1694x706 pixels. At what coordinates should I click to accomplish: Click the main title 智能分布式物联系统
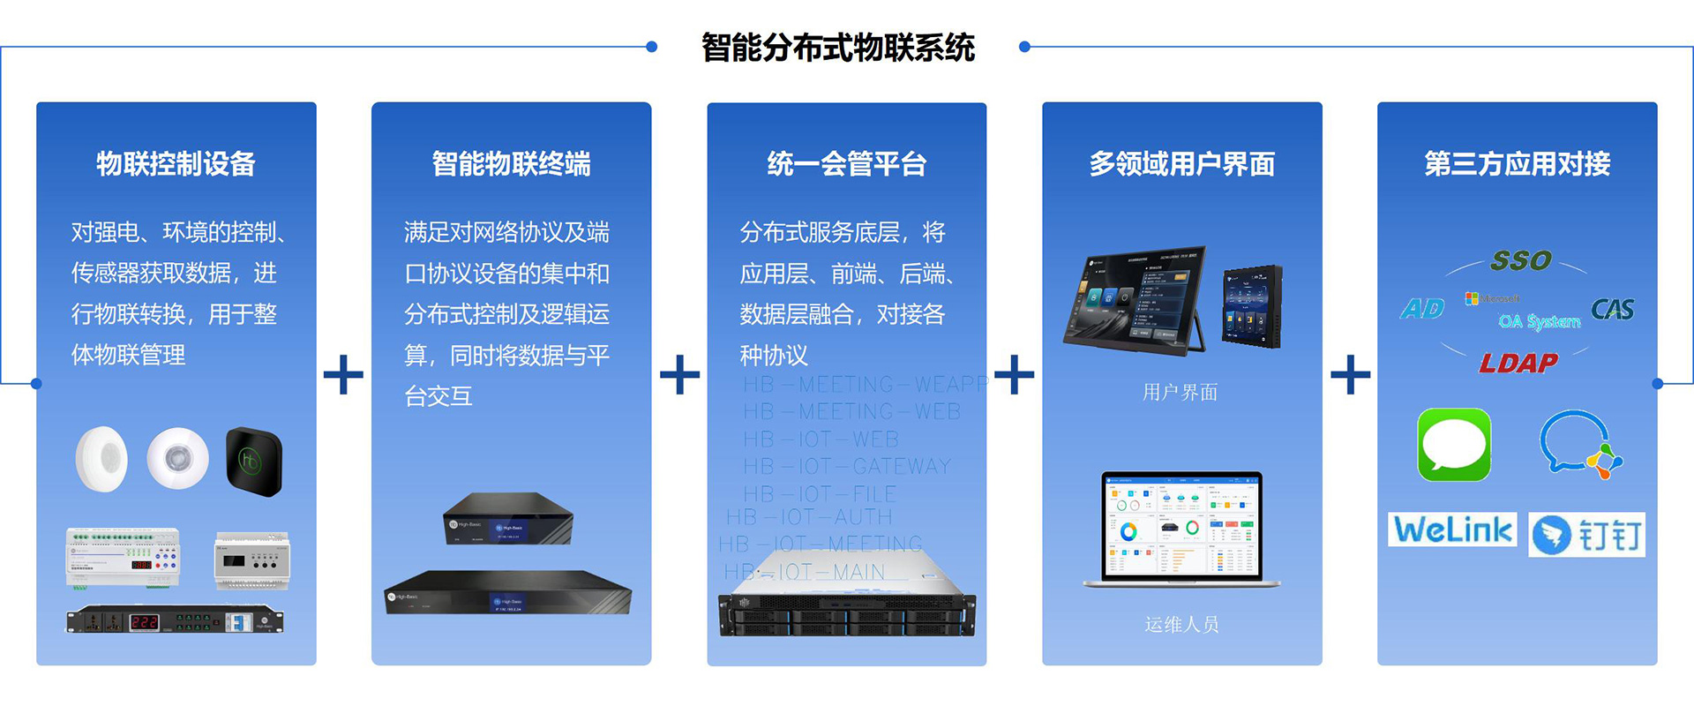(837, 48)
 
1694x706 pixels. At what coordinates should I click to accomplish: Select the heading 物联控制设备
(176, 164)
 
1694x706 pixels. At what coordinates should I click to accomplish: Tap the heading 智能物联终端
(511, 164)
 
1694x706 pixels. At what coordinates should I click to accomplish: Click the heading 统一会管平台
(846, 164)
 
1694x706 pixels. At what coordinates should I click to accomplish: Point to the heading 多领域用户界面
(1181, 164)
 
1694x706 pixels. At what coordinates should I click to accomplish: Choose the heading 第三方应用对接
(1517, 164)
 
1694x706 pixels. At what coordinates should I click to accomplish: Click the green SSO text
(1520, 260)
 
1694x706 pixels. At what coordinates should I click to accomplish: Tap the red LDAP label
(1518, 363)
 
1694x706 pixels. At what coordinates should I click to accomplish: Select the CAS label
(1612, 310)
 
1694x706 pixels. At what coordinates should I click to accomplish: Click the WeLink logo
(1452, 529)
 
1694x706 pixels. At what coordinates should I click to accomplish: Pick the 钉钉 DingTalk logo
(1586, 535)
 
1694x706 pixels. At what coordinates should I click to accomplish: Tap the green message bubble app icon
(1454, 445)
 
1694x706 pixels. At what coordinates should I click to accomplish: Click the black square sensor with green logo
(253, 461)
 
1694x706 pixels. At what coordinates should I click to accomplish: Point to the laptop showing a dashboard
(1181, 529)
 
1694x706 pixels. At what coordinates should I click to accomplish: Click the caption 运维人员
(1181, 625)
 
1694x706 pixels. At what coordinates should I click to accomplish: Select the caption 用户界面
(1180, 392)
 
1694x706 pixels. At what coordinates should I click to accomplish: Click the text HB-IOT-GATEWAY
(847, 466)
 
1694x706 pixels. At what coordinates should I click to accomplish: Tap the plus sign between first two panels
(343, 375)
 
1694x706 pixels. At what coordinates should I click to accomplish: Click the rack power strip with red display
(175, 620)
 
